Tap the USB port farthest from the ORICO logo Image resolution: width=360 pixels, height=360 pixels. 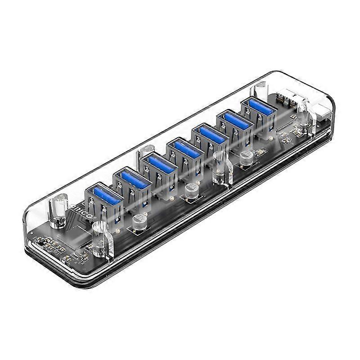(x=259, y=107)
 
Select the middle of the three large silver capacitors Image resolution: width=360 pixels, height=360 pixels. (x=191, y=190)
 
